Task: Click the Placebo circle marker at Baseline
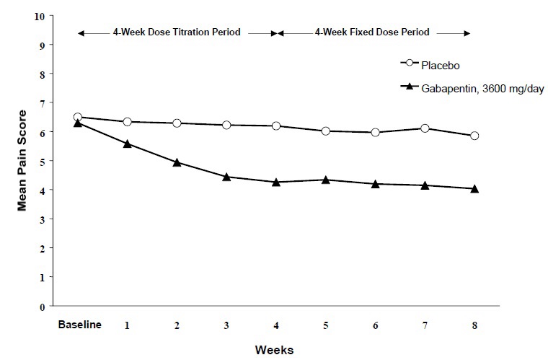click(78, 117)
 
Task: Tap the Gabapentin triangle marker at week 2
click(177, 162)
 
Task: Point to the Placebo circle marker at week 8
click(474, 136)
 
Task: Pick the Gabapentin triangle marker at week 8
click(474, 189)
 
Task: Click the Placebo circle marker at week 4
click(276, 126)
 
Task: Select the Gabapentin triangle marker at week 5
click(326, 180)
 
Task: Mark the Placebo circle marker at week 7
click(425, 128)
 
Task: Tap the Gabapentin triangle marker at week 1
click(128, 144)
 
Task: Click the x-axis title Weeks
click(275, 350)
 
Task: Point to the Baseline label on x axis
click(79, 325)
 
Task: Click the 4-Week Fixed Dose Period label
click(373, 32)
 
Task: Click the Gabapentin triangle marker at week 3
click(226, 177)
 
